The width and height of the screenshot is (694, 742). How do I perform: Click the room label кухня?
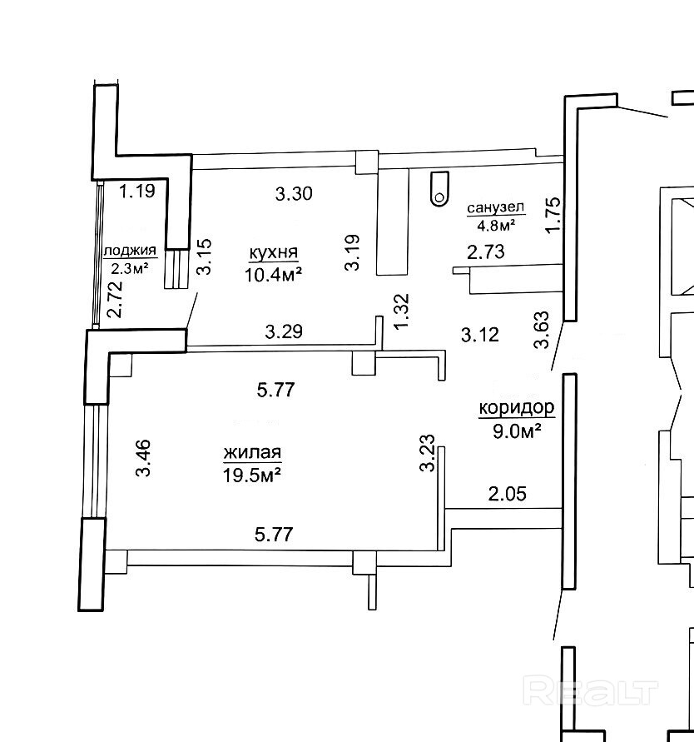click(x=274, y=252)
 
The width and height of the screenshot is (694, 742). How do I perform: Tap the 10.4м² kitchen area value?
click(x=273, y=275)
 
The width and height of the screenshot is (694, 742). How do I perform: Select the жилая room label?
click(x=252, y=453)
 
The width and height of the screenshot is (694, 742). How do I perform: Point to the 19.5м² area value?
click(x=252, y=475)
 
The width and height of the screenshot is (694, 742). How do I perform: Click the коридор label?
click(x=517, y=408)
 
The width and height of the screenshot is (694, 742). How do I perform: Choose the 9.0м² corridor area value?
click(x=517, y=431)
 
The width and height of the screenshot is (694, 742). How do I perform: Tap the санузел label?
click(x=495, y=208)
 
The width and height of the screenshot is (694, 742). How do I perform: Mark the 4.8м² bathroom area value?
click(x=495, y=225)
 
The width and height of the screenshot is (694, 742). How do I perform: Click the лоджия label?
click(x=130, y=251)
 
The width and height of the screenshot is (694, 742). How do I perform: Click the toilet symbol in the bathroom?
click(x=439, y=188)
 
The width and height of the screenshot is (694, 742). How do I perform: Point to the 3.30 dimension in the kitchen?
click(x=294, y=193)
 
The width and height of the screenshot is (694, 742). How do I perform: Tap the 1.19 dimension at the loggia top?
click(x=136, y=192)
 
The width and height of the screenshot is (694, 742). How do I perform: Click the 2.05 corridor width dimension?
click(x=508, y=494)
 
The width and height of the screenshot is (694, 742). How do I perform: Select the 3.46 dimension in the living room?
click(x=143, y=457)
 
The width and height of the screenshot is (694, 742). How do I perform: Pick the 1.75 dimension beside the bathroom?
click(x=553, y=214)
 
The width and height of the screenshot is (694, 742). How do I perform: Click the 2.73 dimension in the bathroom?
click(x=485, y=251)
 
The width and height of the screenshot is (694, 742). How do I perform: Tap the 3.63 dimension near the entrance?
click(x=542, y=329)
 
